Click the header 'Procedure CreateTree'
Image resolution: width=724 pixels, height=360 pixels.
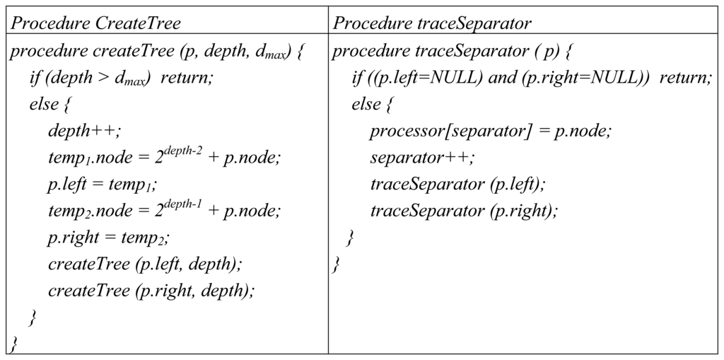click(96, 23)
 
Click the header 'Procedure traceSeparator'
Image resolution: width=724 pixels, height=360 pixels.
click(433, 23)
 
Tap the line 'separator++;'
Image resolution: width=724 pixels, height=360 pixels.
click(422, 157)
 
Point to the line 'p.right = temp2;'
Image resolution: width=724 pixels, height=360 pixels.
click(109, 237)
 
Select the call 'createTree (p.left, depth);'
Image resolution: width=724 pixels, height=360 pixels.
click(145, 263)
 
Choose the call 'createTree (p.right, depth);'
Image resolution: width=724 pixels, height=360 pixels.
click(151, 290)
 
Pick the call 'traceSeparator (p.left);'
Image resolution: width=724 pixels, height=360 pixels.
click(457, 184)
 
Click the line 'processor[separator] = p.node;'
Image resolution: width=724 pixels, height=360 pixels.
click(490, 131)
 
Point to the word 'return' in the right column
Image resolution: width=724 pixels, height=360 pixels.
click(684, 78)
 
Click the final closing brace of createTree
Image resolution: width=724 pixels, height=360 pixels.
click(13, 344)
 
